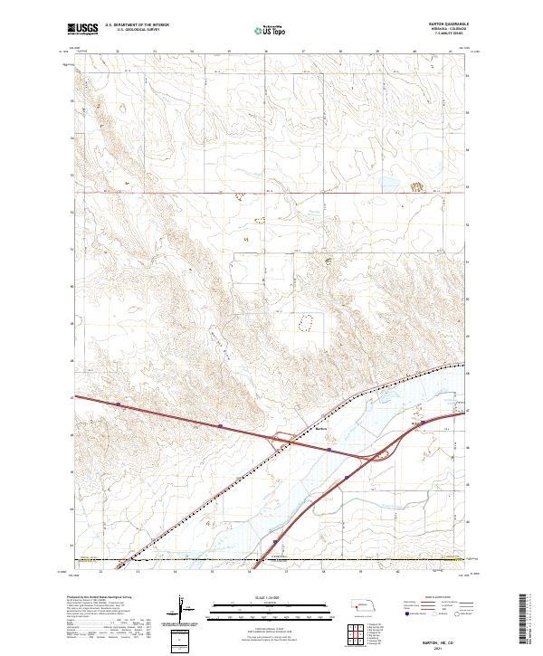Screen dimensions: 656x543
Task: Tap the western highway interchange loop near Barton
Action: coord(281,439)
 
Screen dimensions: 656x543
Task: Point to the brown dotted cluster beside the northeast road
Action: coord(417,186)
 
